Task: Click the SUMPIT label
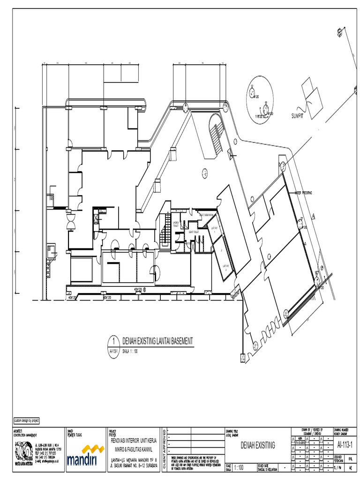(x=298, y=116)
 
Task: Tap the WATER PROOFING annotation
(x=303, y=193)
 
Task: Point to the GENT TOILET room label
(x=194, y=232)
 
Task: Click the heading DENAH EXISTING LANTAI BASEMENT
(x=157, y=341)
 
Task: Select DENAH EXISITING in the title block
(x=258, y=445)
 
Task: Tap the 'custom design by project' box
(x=27, y=420)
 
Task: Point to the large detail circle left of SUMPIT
(x=259, y=100)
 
